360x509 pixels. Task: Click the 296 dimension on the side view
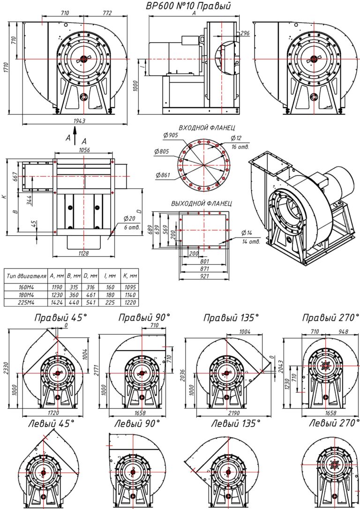point(244,33)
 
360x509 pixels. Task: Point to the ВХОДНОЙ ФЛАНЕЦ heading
point(206,127)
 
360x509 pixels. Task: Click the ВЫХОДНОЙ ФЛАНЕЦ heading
point(202,204)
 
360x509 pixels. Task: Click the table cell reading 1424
point(55,303)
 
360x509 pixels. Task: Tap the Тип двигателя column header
point(26,277)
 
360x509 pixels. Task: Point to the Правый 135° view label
point(231,318)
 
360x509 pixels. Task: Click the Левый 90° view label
point(137,424)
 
